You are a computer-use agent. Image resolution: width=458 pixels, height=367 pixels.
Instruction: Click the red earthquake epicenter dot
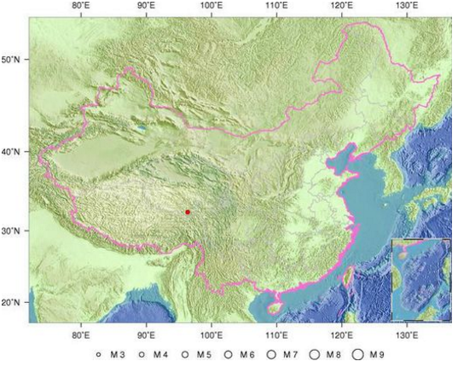(188, 212)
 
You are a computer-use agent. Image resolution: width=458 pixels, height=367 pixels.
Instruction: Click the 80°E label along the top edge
(82, 6)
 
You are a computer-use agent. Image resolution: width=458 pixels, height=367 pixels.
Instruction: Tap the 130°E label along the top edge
(407, 6)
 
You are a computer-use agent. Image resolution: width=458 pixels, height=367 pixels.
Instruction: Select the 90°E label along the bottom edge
(147, 336)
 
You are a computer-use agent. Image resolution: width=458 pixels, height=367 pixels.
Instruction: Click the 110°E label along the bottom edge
(276, 336)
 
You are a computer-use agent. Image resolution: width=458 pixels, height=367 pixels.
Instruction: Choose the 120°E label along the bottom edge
(342, 336)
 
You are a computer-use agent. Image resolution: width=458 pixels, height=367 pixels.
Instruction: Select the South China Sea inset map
(420, 280)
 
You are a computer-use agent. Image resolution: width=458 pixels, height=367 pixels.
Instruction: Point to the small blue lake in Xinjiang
(142, 130)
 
